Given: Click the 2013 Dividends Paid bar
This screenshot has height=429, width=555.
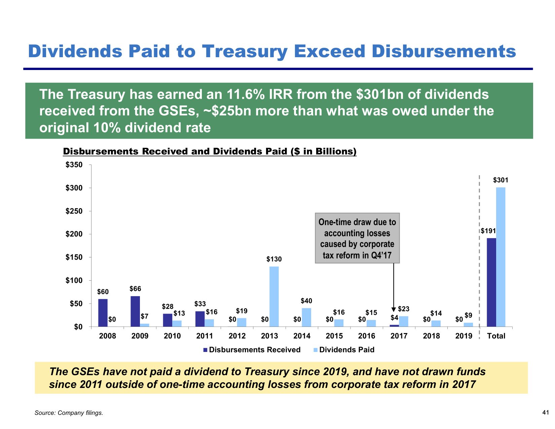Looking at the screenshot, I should coord(274,296).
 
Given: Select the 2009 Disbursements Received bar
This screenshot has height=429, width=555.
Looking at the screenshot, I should coord(135,311).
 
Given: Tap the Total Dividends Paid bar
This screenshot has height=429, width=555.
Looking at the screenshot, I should coord(501,257).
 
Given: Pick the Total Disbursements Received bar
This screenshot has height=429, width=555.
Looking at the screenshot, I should coord(491,282).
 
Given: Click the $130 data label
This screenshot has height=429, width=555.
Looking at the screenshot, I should coord(274,259).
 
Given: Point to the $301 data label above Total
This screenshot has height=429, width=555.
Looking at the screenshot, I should coord(501,180).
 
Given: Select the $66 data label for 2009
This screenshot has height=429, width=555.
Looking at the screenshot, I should coord(135,289).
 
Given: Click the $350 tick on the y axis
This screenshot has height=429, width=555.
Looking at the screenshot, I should coord(74,165).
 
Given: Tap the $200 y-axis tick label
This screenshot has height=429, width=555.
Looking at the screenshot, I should coord(74,234).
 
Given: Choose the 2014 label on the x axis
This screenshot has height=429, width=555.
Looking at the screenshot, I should coord(302,336).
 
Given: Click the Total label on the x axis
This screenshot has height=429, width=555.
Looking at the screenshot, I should coord(496,336).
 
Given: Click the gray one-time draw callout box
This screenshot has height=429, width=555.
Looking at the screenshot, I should coord(357,238).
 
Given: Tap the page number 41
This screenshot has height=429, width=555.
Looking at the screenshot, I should coord(545,412).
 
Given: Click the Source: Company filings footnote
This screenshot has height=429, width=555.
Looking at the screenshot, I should coord(69,413).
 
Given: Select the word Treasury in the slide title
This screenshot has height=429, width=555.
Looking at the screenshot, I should coord(245,51).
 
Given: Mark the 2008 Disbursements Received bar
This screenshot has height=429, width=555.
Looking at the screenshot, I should coord(103,313).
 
